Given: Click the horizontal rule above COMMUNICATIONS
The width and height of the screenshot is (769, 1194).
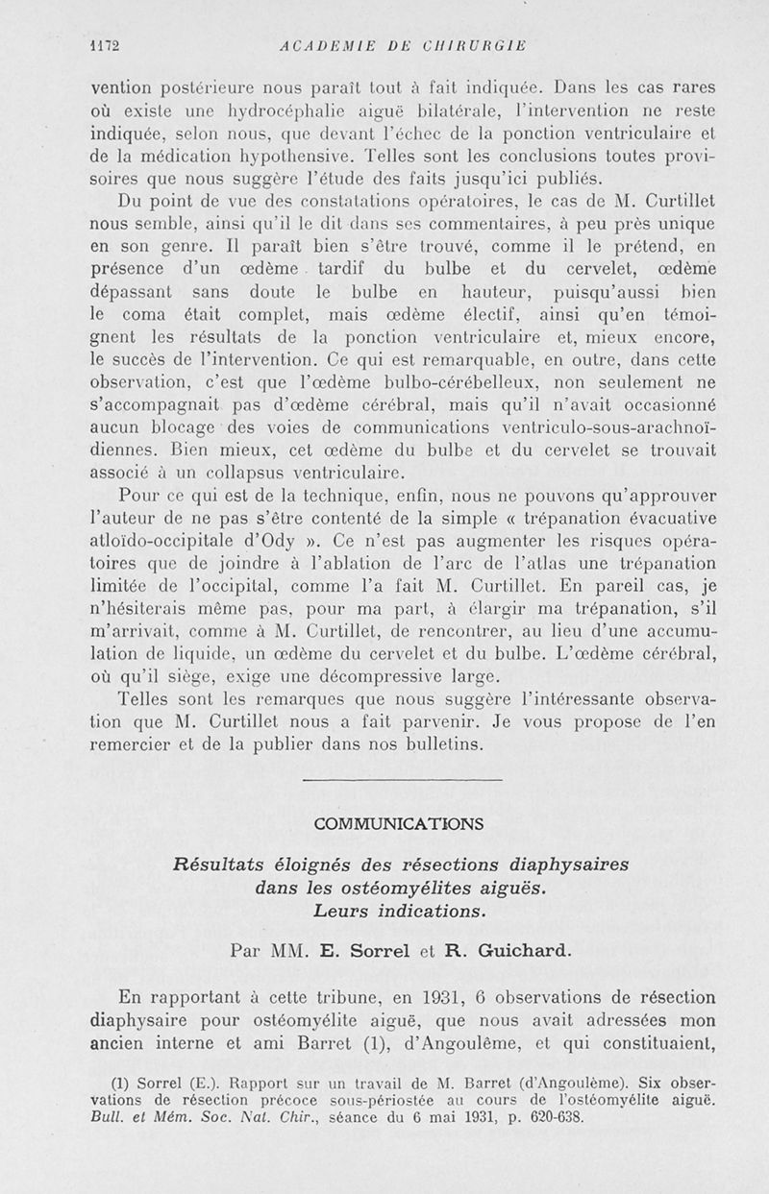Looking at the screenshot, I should (x=402, y=779).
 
